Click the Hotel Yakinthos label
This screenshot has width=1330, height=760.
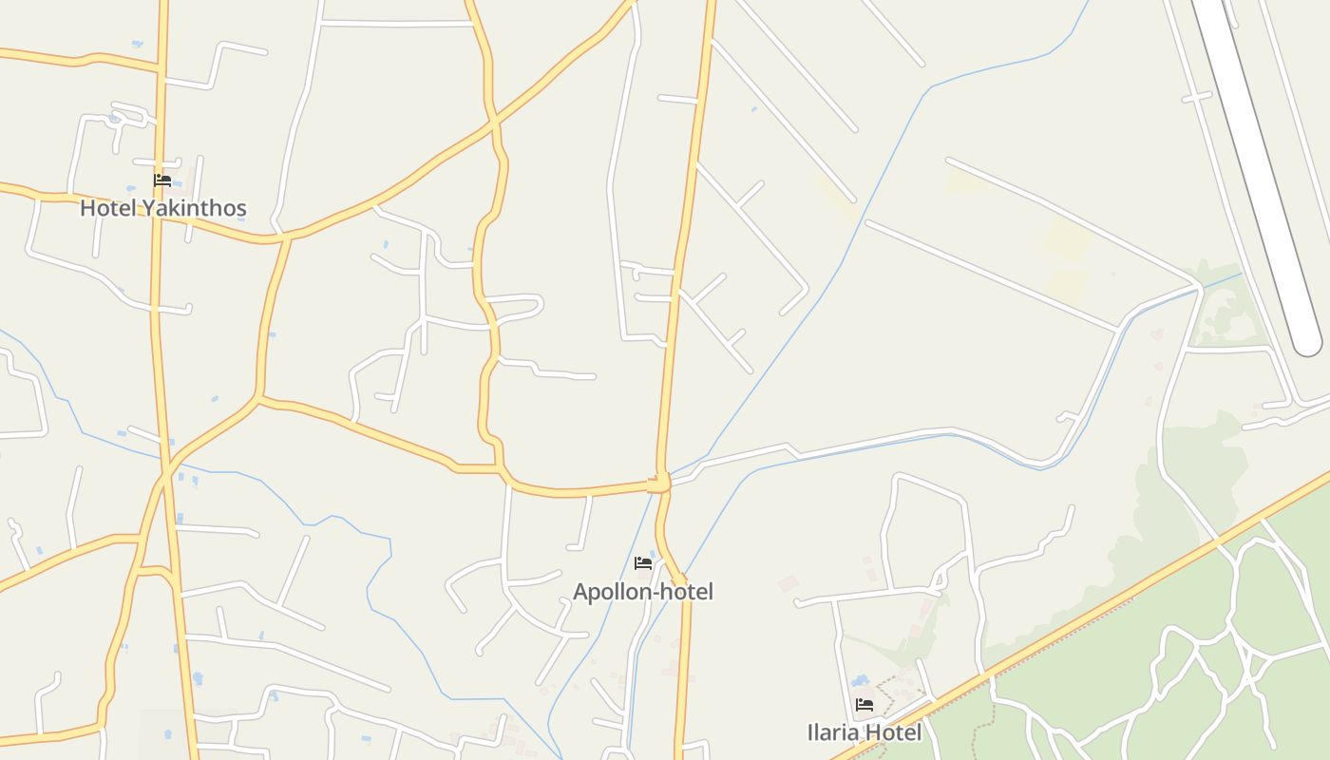pyautogui.click(x=162, y=208)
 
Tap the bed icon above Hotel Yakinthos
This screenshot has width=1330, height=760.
pyautogui.click(x=162, y=180)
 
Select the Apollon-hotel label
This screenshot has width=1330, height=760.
pyautogui.click(x=642, y=592)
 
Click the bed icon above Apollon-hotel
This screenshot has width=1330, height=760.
pyautogui.click(x=643, y=563)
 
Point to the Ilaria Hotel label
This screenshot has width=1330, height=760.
pyautogui.click(x=864, y=732)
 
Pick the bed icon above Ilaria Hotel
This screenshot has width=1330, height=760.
pyautogui.click(x=864, y=705)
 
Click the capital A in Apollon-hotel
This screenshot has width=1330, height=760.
pyautogui.click(x=579, y=592)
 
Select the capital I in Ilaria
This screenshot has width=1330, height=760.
pyautogui.click(x=809, y=732)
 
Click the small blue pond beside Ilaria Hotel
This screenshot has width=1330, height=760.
pyautogui.click(x=861, y=681)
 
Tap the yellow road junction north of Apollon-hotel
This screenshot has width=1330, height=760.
pyautogui.click(x=659, y=484)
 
